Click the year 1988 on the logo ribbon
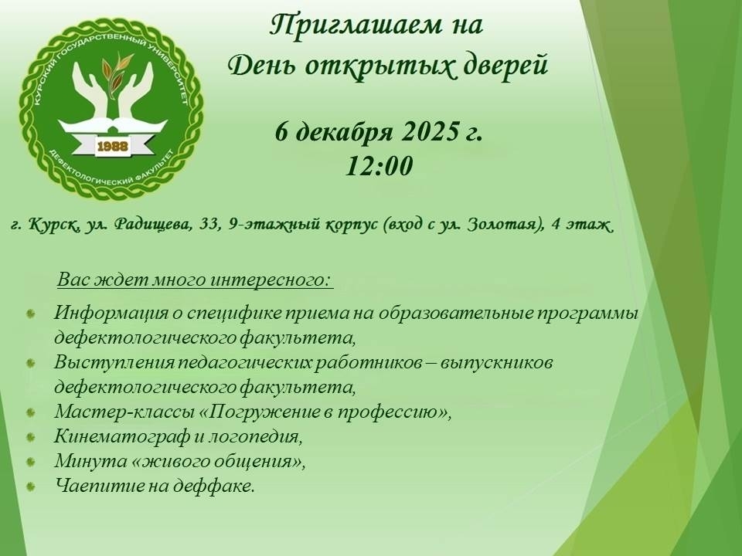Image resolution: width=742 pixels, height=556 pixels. click(113, 147)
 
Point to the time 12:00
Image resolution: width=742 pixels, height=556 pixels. click(380, 167)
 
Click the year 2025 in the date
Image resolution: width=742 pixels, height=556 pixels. click(427, 131)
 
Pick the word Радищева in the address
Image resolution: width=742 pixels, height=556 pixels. click(153, 225)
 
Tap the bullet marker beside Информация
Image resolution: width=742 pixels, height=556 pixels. click(31, 314)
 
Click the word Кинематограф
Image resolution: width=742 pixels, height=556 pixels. click(121, 436)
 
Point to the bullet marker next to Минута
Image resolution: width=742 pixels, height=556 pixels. click(31, 462)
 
